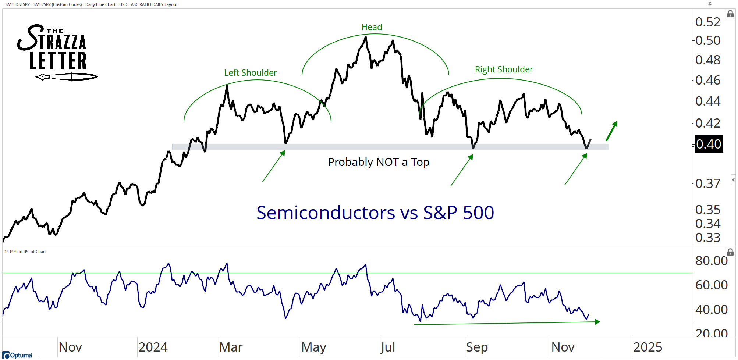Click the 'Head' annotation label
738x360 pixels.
[372, 27]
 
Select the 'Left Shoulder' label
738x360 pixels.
[250, 73]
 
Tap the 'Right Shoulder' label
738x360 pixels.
[504, 69]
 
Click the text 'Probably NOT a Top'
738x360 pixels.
[379, 162]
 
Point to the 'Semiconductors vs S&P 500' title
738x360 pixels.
[375, 213]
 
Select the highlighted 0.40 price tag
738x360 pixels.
[708, 144]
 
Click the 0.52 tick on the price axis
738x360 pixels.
[708, 22]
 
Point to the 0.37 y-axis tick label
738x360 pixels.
[708, 183]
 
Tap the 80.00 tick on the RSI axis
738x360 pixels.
[711, 261]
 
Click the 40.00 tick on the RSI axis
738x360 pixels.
[711, 310]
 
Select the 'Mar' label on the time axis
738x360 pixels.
[231, 347]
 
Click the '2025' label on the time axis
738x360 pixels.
[647, 347]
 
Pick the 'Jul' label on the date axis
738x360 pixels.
[388, 347]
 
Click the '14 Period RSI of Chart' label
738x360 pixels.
[25, 252]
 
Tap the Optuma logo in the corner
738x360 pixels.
[17, 355]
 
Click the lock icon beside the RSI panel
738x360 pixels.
[730, 252]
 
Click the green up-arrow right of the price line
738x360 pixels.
[612, 131]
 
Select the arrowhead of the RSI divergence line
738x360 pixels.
[597, 322]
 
